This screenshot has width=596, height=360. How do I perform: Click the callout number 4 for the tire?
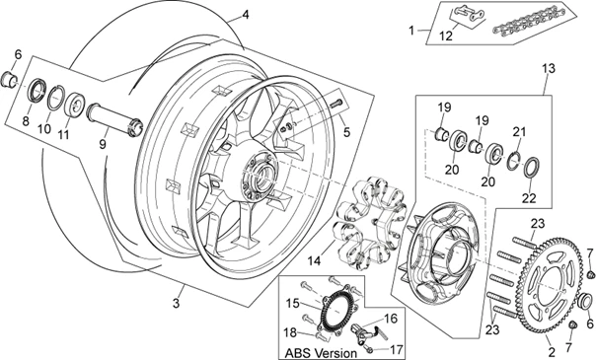tap(246, 15)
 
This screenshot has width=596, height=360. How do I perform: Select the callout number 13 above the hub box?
tap(548, 69)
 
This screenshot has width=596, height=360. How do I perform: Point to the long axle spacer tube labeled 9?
tap(114, 118)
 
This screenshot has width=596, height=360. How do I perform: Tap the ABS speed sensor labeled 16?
tap(365, 330)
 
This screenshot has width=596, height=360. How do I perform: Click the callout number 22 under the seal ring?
tap(529, 198)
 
